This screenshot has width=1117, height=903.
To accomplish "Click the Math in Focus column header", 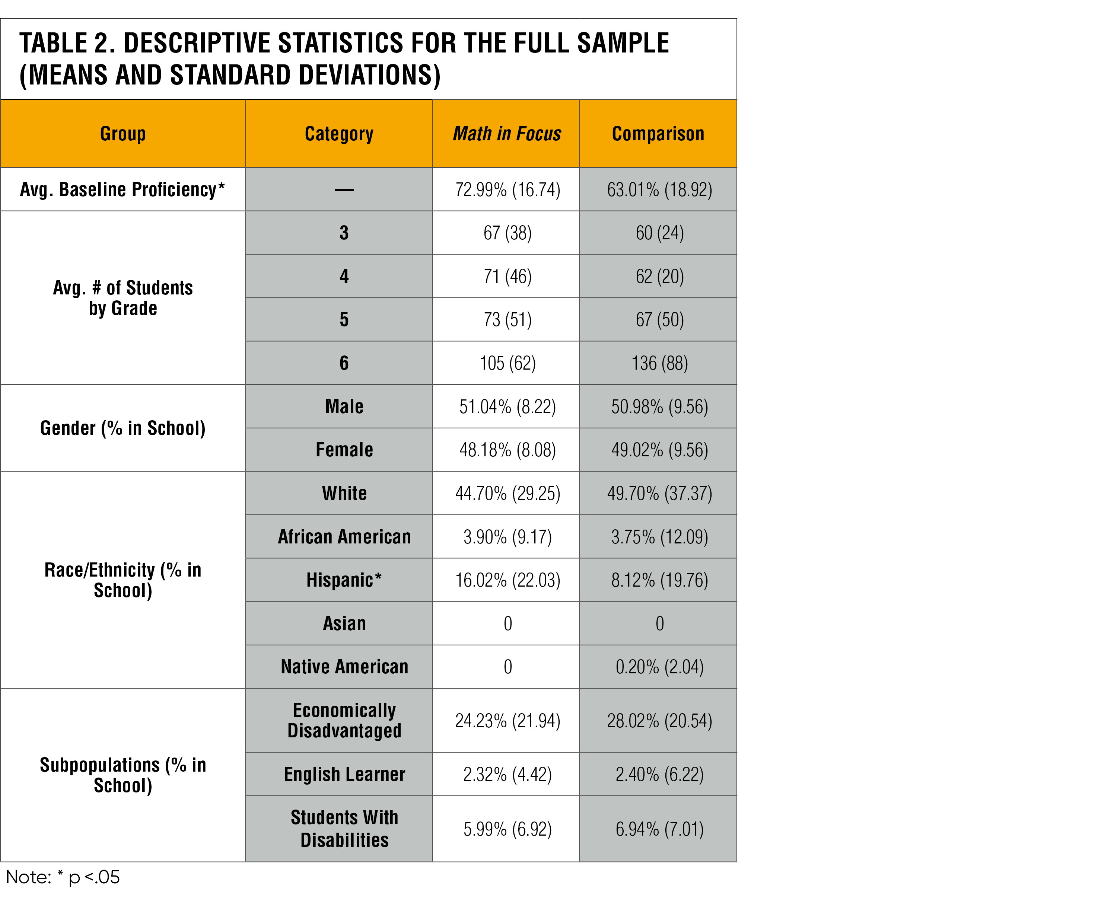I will tap(506, 134).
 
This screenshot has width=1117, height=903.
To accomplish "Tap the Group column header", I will tap(123, 134).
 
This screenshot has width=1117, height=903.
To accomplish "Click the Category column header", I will tap(339, 134).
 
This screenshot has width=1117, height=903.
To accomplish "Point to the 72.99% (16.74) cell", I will tap(507, 189).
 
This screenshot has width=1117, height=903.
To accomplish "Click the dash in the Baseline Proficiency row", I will tap(344, 190).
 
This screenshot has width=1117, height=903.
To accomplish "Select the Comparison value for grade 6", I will tap(659, 363).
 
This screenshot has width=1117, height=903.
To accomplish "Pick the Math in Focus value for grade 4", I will tap(507, 276).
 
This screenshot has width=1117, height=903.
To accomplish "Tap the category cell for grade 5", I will tap(344, 319).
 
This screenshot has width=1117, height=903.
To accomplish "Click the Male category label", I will tap(344, 406).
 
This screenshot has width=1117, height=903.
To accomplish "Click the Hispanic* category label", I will tap(344, 580).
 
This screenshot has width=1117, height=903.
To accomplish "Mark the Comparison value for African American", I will tap(659, 537).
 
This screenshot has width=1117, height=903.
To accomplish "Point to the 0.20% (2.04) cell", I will tap(659, 667).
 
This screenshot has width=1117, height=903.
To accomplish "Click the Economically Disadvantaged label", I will tap(344, 720).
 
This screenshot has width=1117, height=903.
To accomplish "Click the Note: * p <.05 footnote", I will tap(63, 877).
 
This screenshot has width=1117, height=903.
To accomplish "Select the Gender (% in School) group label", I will tap(123, 428).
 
